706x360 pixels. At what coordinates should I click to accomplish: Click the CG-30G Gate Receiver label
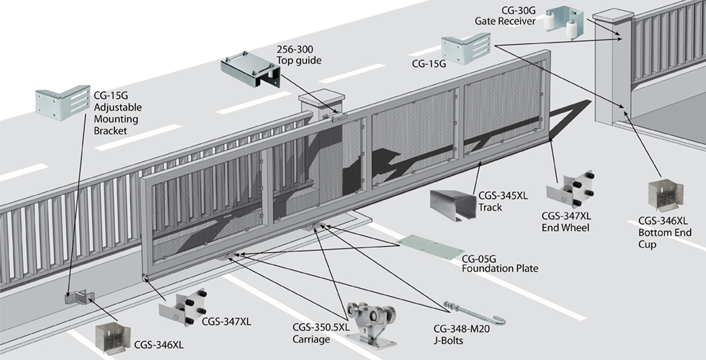click(x=504, y=15)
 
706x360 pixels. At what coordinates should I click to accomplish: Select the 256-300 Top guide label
click(x=299, y=55)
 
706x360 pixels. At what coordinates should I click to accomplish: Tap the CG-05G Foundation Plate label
click(x=499, y=263)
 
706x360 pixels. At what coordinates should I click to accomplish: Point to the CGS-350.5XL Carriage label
click(x=321, y=333)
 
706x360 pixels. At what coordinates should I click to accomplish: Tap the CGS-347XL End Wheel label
click(x=566, y=222)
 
